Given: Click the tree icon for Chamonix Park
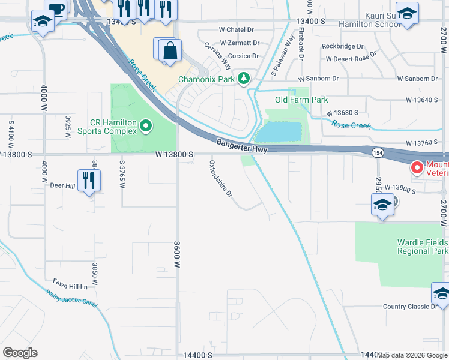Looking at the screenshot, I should [244, 79].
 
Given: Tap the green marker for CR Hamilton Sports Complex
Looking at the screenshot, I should [146, 126].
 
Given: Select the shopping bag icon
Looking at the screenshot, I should [170, 50].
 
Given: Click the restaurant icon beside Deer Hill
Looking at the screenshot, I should [89, 179].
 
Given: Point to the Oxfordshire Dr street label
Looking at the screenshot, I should [221, 180].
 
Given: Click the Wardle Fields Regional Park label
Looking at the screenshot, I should [423, 247].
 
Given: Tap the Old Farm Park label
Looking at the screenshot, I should [301, 100].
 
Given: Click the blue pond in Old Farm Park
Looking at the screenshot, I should [279, 131].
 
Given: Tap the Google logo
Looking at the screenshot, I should [20, 353].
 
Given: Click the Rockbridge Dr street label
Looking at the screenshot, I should [342, 46].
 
